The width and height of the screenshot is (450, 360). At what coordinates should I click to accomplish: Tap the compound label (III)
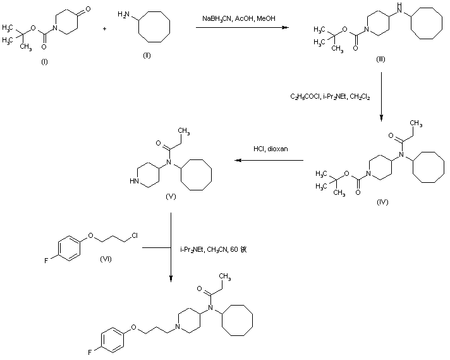click(x=381, y=59)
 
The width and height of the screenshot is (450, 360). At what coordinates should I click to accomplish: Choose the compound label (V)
click(x=170, y=197)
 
